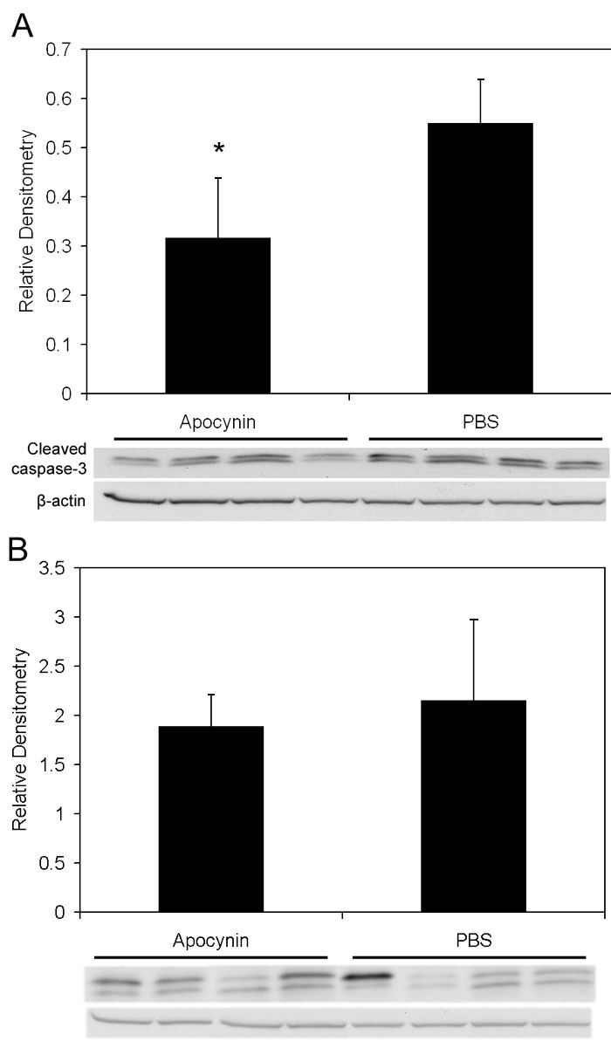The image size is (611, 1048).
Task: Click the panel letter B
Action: (x=19, y=550)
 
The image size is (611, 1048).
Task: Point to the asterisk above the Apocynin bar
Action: (x=218, y=149)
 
